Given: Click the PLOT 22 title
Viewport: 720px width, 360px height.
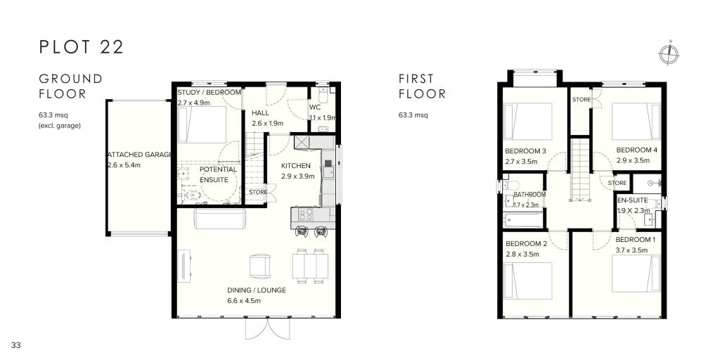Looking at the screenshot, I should (x=82, y=47).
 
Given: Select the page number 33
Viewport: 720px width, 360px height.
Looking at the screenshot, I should (x=16, y=344).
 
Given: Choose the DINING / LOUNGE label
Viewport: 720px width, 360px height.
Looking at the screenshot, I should (x=256, y=290).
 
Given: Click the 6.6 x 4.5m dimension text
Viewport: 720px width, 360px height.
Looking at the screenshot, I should (x=244, y=301).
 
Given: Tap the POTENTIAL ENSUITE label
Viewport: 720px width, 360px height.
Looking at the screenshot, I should (x=219, y=174).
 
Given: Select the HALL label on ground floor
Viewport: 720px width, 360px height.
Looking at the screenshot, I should (x=261, y=112).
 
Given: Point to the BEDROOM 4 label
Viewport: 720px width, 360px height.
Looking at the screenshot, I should (x=636, y=150).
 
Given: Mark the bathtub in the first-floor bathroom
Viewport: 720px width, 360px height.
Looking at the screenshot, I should (x=523, y=220).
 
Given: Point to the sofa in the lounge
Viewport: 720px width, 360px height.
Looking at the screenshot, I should (x=209, y=220).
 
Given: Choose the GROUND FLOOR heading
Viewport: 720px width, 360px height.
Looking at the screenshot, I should (x=70, y=86).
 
